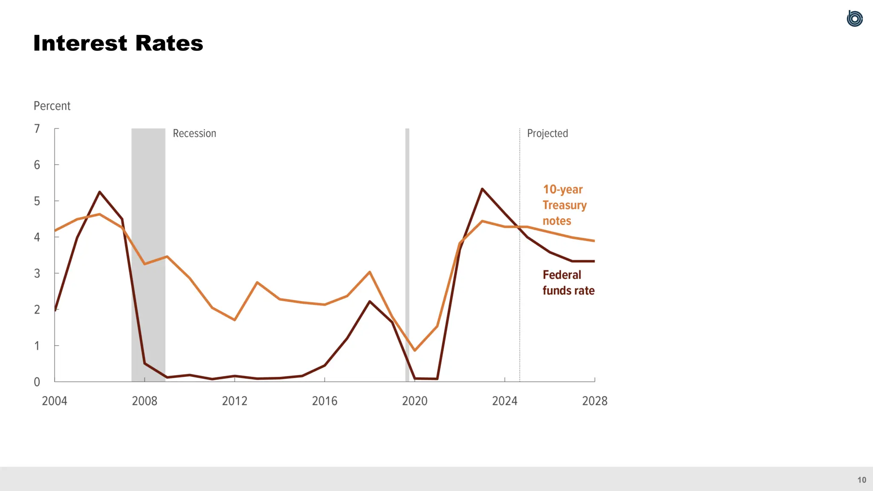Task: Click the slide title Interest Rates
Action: tap(118, 43)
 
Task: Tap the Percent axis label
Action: tap(52, 106)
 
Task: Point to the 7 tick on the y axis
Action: tap(37, 129)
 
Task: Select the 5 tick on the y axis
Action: tap(37, 201)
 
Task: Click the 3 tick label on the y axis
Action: tap(37, 274)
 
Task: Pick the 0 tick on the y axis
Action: tap(37, 382)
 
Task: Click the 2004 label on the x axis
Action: tap(55, 401)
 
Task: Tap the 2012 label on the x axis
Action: tap(234, 401)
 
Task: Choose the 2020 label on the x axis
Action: tap(414, 401)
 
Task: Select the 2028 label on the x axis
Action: tap(595, 401)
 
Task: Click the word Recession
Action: tap(194, 133)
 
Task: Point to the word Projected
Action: tap(547, 133)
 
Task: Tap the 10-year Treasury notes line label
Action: tap(564, 205)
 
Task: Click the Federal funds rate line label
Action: tap(568, 283)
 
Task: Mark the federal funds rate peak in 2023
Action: tap(482, 189)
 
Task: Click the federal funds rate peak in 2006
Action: tap(100, 192)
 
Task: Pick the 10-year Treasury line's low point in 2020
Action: tap(415, 350)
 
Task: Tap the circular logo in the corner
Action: tap(855, 19)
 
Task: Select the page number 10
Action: tap(861, 480)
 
